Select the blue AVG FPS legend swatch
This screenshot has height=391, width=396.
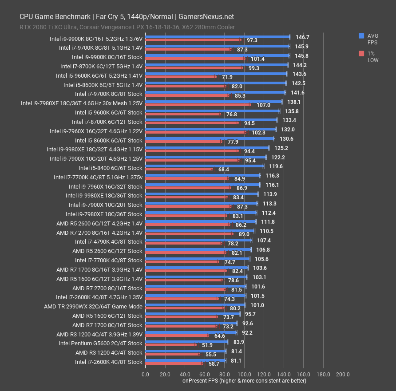point(361,35)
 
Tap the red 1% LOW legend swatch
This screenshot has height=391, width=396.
point(361,53)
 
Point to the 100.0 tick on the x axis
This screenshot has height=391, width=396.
point(244,374)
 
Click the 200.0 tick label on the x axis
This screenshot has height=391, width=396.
point(342,374)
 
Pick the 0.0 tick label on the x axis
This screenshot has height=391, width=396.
point(146,374)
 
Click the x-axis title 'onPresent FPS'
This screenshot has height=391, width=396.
point(244,380)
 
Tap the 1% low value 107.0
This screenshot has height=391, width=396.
point(263,105)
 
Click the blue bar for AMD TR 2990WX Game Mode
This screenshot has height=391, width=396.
point(195,304)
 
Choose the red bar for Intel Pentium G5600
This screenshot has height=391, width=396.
point(171,344)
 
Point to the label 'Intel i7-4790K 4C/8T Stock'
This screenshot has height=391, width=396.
point(108,241)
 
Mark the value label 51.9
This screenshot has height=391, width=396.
point(207,345)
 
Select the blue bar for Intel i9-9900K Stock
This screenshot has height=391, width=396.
point(217,55)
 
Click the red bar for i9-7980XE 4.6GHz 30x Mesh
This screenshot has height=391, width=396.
point(198,105)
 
